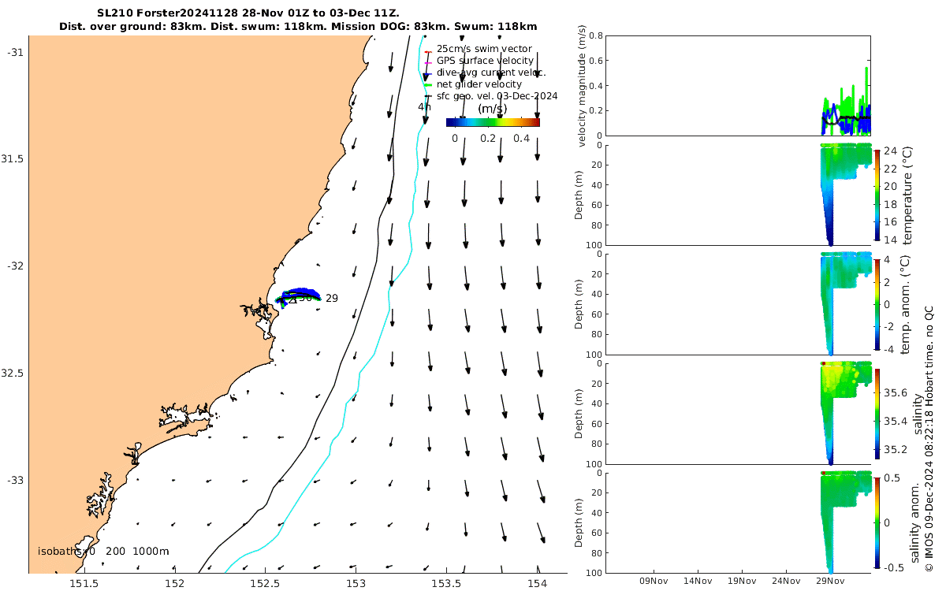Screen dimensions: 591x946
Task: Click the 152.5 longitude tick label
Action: tap(266, 584)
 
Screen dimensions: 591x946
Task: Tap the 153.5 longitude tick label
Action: tap(447, 584)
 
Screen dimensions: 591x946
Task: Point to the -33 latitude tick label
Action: tap(16, 480)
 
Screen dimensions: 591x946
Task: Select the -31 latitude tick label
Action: tap(16, 52)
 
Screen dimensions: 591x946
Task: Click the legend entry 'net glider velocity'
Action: tap(479, 84)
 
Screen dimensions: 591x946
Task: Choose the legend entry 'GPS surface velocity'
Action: tap(485, 61)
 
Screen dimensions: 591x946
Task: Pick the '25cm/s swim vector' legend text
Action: tap(484, 49)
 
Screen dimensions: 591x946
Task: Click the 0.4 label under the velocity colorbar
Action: tap(521, 139)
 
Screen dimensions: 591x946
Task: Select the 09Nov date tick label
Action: tap(654, 581)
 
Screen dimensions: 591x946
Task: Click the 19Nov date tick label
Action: tap(742, 581)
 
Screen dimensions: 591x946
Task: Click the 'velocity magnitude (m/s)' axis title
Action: tap(583, 86)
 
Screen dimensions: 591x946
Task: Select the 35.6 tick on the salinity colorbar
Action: tap(898, 392)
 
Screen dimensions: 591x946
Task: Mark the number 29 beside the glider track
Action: tap(332, 299)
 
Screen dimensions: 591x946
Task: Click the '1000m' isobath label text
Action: tap(151, 552)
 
